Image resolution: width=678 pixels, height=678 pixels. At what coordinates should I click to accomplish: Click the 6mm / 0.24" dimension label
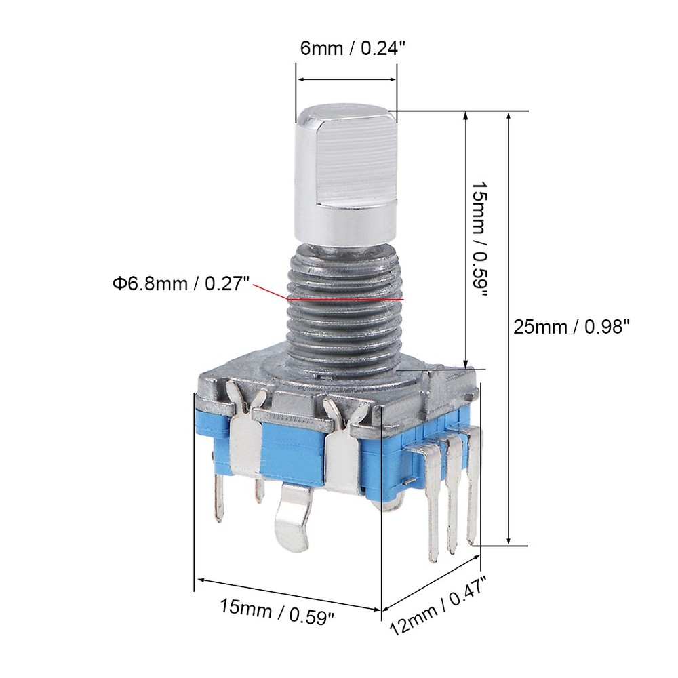pyautogui.click(x=346, y=48)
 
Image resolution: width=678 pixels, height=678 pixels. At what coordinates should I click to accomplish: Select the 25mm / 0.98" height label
pyautogui.click(x=572, y=327)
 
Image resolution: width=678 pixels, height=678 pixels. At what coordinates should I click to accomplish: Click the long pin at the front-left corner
pyautogui.click(x=218, y=495)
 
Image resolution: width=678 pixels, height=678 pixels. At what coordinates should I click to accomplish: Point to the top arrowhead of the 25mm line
pyautogui.click(x=509, y=117)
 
